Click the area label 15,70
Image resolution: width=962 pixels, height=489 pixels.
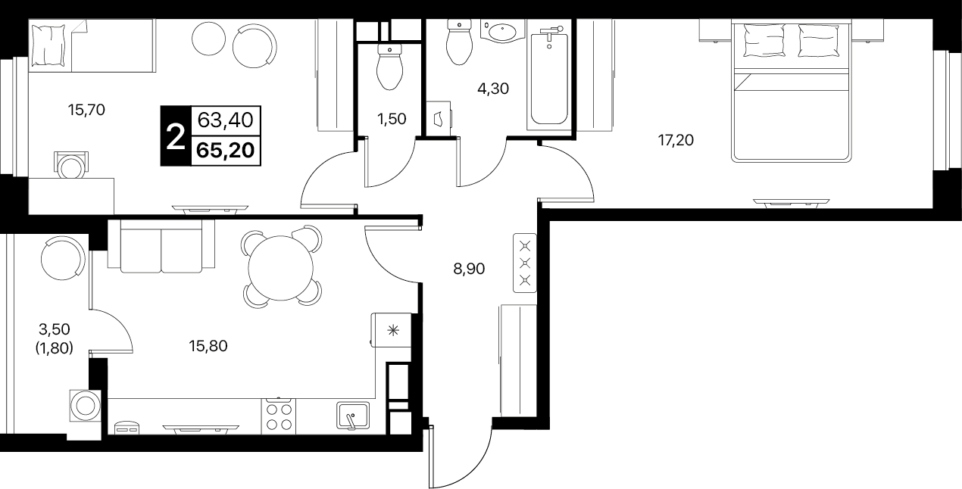(86, 111)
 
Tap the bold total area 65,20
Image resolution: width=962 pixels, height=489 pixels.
(226, 151)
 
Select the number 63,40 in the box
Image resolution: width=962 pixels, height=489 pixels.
(226, 120)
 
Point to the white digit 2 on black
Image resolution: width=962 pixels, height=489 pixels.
(176, 136)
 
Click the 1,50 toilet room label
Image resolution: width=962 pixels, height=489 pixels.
(392, 119)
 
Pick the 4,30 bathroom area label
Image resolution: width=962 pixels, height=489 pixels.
(493, 89)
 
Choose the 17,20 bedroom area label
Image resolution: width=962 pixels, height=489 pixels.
(676, 140)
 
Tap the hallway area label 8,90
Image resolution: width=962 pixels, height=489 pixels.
(469, 269)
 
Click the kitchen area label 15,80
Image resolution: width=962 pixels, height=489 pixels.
(208, 346)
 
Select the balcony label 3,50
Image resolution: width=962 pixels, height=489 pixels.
(54, 329)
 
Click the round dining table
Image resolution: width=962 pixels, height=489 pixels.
(280, 268)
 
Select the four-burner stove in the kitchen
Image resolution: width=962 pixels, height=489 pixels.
(278, 416)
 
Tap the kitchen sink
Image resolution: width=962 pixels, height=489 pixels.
(353, 416)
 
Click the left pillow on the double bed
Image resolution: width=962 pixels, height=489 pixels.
(764, 40)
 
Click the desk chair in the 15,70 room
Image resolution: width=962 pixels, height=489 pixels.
(71, 165)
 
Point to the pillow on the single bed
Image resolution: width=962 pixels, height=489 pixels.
(48, 45)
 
